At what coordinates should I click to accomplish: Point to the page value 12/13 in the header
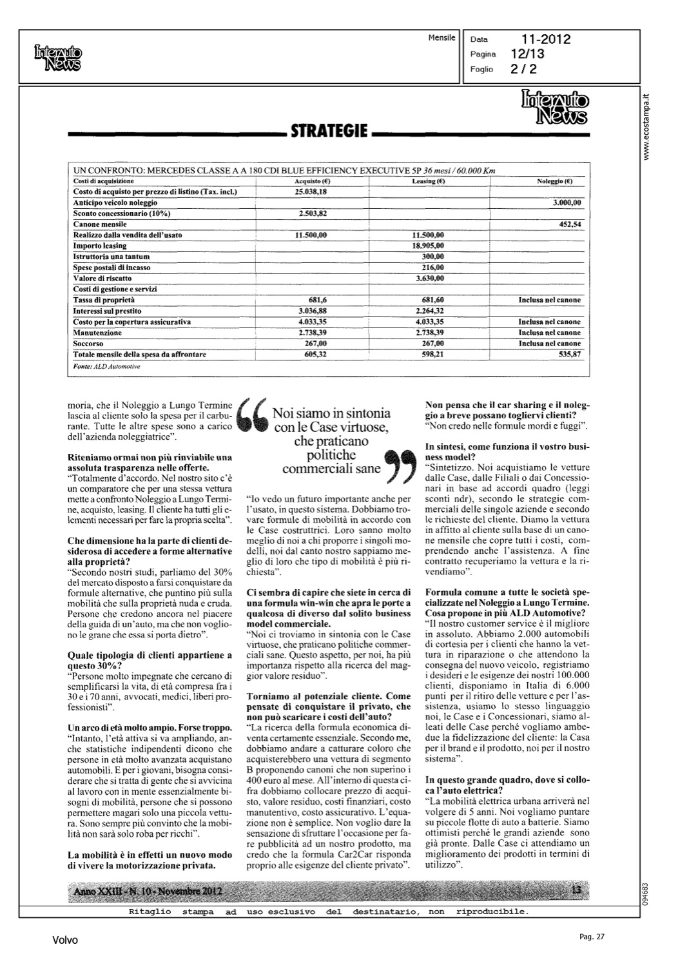point(527,54)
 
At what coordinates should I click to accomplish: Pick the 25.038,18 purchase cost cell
point(311,191)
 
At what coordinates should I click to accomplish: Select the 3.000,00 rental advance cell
point(567,202)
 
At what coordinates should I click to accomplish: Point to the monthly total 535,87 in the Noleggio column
point(570,355)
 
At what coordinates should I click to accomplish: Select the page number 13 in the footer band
point(576,890)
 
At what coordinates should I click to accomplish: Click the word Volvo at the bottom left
point(65,941)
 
